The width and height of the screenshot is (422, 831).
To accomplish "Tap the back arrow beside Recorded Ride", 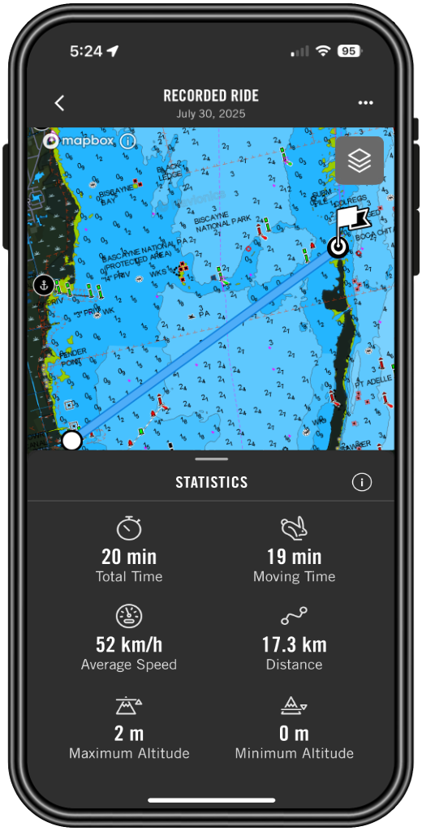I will tap(59, 103).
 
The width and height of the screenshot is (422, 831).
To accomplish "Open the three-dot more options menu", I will tap(366, 103).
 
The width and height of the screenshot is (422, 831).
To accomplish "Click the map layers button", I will tap(360, 161).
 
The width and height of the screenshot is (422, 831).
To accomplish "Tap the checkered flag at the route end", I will tap(351, 221).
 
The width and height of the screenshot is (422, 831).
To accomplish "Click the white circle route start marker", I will tap(72, 440).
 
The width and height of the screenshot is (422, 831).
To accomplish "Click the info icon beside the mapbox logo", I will tap(127, 141).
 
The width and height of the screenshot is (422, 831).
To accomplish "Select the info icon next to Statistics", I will tap(361, 482).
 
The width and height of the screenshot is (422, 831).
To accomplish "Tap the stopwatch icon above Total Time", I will tap(129, 528).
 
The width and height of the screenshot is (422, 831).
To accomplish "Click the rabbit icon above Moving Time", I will tap(294, 528).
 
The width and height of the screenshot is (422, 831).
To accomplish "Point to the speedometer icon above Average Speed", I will tap(129, 616).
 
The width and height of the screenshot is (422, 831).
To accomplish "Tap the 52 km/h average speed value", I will tap(129, 645).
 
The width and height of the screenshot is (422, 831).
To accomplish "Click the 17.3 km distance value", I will tap(294, 645).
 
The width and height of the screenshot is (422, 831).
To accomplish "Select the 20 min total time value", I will tap(129, 557).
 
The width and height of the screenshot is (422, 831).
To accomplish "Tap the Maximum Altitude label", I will tap(129, 753).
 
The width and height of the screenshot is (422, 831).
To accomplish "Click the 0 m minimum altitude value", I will tap(294, 734).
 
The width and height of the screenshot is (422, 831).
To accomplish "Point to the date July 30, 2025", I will tap(210, 114).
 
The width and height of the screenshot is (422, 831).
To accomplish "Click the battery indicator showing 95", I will tap(349, 51).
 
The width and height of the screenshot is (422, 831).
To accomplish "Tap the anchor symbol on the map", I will tap(43, 284).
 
